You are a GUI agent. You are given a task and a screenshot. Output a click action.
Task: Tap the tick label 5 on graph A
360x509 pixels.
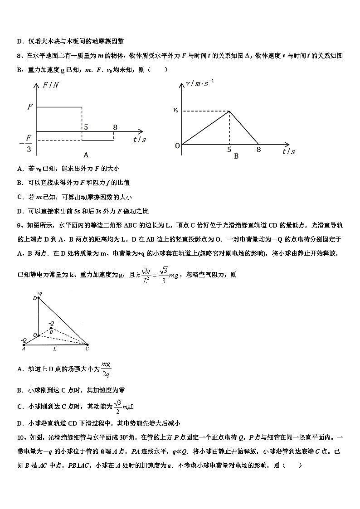point(84,126)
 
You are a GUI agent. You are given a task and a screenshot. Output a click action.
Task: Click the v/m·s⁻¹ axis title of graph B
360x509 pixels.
point(200,83)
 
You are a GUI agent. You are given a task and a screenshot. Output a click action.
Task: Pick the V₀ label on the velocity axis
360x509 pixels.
point(175,111)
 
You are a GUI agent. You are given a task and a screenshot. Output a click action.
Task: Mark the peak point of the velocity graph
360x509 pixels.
point(229,111)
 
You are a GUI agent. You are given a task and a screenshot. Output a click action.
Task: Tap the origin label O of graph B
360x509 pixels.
point(177,145)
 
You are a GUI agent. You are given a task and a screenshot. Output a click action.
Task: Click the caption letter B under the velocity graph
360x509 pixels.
point(236,156)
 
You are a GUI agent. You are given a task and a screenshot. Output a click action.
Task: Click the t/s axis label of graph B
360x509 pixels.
point(288,151)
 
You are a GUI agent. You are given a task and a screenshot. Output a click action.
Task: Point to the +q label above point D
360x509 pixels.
point(39,293)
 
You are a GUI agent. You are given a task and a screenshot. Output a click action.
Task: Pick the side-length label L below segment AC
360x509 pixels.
point(55,349)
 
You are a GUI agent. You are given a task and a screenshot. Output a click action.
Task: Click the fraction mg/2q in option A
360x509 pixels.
point(106,369)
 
